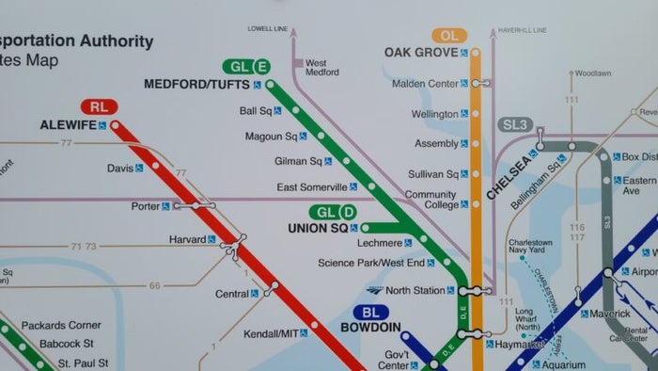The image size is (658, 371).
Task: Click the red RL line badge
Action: point(100,106)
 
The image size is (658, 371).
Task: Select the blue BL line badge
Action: point(370,312)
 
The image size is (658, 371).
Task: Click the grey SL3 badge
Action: point(515,124)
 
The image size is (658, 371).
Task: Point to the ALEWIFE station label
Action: point(68,124)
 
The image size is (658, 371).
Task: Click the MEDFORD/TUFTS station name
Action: point(196,84)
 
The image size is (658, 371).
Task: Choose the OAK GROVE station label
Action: point(420,52)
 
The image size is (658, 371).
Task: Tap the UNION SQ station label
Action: point(318,228)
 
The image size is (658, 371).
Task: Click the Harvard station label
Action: point(187,239)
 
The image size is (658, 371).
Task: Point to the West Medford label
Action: point(322,66)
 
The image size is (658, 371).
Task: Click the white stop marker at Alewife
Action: point(115,124)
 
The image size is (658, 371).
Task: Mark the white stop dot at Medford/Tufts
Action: point(270,85)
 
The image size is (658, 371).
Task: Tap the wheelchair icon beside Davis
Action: point(139,169)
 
